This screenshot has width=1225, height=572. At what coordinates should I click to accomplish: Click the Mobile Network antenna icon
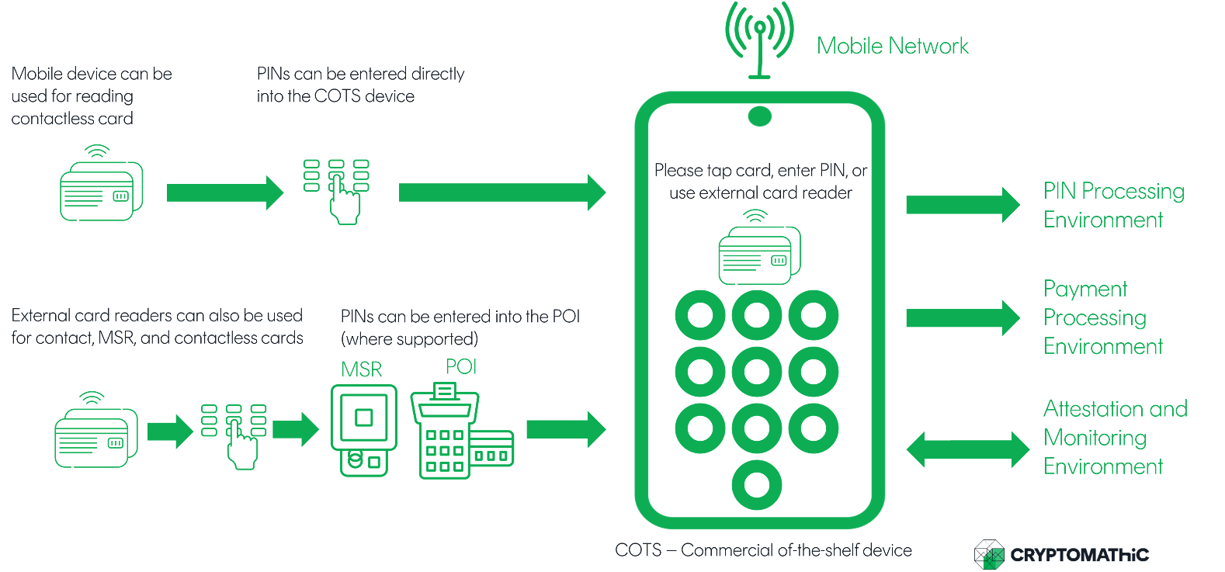759,39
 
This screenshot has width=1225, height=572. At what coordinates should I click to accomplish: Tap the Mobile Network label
893,47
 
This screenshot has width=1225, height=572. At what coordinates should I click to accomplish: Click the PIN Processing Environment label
1113,206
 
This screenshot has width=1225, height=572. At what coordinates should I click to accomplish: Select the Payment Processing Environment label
1102,317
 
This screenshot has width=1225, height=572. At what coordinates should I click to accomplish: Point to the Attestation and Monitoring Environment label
1115,438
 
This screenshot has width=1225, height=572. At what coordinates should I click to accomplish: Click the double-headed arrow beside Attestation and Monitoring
967,449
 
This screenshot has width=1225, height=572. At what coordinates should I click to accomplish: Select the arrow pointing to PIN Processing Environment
963,205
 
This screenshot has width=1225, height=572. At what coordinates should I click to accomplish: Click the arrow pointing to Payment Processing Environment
963,317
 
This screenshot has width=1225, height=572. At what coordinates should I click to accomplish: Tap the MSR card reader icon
363,429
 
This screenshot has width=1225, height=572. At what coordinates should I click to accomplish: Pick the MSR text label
362,369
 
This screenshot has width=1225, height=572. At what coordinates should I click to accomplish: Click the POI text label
461,366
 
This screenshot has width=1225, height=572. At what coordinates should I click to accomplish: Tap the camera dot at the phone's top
759,117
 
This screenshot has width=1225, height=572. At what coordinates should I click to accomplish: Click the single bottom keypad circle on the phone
757,485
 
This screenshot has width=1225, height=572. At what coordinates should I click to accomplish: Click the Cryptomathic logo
1061,555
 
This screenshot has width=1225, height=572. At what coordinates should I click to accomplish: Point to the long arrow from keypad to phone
501,192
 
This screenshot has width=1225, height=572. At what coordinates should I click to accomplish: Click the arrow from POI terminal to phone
565,429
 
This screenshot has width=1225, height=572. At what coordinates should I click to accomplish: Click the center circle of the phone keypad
757,373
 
